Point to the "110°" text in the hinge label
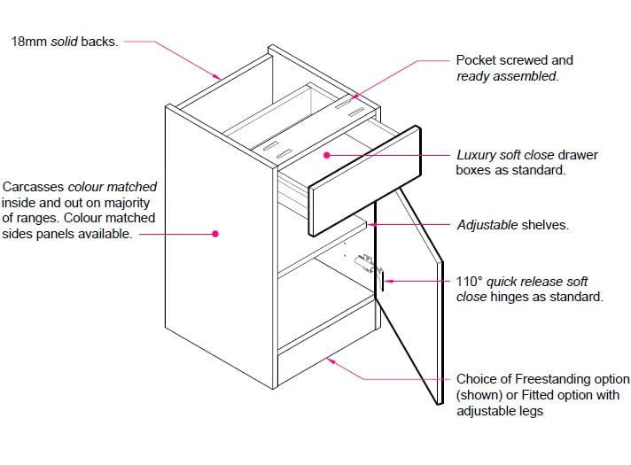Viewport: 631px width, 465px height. [x=469, y=282]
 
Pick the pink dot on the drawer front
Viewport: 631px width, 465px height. [x=326, y=155]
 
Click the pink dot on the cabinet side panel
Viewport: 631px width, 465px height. [x=214, y=234]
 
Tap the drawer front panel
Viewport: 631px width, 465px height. [x=363, y=182]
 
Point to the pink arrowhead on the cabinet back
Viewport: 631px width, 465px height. [x=218, y=75]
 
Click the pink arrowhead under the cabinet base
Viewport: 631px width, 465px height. [x=331, y=360]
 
